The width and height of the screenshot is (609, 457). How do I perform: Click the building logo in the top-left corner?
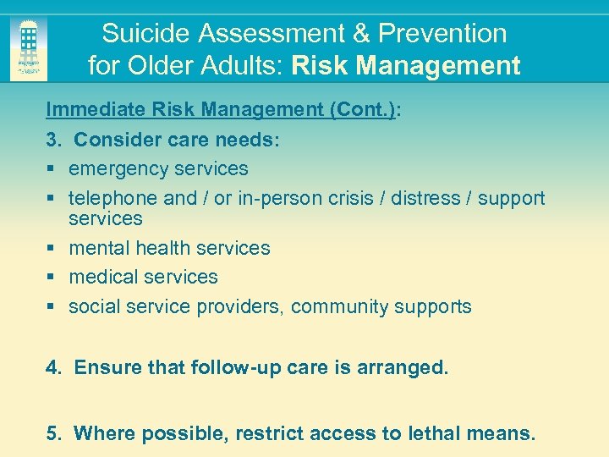(29, 49)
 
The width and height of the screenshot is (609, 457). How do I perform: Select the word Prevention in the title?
(442, 34)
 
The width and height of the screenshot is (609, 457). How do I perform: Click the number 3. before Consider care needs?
(53, 140)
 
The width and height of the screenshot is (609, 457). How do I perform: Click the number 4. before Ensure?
(53, 368)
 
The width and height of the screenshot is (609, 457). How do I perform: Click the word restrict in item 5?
(269, 434)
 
